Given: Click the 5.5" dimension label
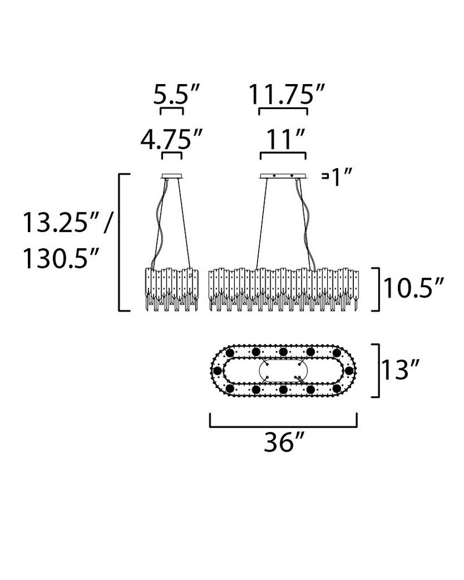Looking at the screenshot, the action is pyautogui.click(x=176, y=95).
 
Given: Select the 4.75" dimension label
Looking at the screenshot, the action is pyautogui.click(x=172, y=139).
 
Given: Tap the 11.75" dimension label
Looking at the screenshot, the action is pyautogui.click(x=287, y=95).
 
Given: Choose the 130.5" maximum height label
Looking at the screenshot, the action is pyautogui.click(x=61, y=258).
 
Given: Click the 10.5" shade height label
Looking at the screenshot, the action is pyautogui.click(x=413, y=288).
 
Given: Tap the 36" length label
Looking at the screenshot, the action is pyautogui.click(x=284, y=441).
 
